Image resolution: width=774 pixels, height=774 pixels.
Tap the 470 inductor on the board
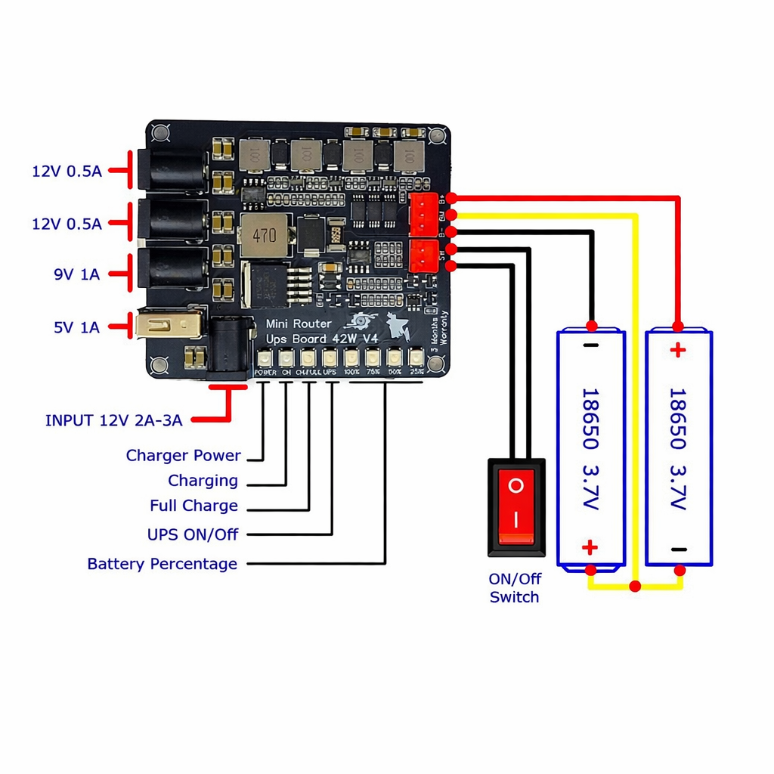pyautogui.click(x=265, y=235)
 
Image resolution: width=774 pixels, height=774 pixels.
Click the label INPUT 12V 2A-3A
pyautogui.click(x=114, y=420)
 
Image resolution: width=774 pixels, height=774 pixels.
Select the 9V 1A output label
pyautogui.click(x=76, y=274)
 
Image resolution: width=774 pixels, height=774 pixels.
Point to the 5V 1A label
pyautogui.click(x=76, y=327)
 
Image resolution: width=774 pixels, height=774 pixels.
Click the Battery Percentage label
pyautogui.click(x=162, y=564)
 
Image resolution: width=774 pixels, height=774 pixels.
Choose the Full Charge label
pyautogui.click(x=193, y=506)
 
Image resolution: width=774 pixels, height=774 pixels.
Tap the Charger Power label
pyautogui.click(x=183, y=456)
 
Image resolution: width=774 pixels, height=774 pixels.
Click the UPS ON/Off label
pyautogui.click(x=193, y=534)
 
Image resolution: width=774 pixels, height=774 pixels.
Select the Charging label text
pyautogui.click(x=203, y=481)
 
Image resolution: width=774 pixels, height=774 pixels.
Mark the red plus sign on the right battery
pyautogui.click(x=678, y=350)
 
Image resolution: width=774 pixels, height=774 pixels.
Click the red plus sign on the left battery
pyautogui.click(x=590, y=547)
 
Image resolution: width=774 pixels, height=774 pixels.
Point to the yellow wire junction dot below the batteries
pyautogui.click(x=635, y=587)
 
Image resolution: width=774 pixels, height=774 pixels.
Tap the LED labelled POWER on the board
pyautogui.click(x=265, y=358)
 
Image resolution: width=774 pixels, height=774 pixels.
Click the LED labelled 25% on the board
pyautogui.click(x=416, y=358)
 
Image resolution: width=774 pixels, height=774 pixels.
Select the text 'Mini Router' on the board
pyautogui.click(x=298, y=324)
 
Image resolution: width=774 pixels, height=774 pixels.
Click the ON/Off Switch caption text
pyautogui.click(x=514, y=588)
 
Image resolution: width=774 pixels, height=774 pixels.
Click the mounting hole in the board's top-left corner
pyautogui.click(x=159, y=134)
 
